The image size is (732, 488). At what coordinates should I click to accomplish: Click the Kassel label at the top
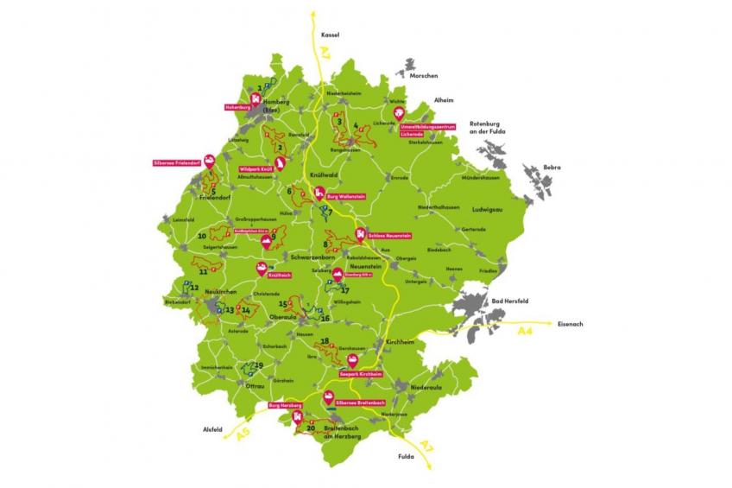click(x=330, y=35)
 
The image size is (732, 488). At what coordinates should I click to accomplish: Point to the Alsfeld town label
click(x=212, y=429)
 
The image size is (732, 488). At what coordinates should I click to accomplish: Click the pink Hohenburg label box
click(x=236, y=108)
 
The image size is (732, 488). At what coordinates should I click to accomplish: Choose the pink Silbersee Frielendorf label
click(x=177, y=162)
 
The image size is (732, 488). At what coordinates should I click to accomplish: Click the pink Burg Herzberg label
click(x=286, y=405)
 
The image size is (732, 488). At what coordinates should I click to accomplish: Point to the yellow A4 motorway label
click(x=526, y=331)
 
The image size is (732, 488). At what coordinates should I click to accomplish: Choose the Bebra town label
click(x=552, y=167)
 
